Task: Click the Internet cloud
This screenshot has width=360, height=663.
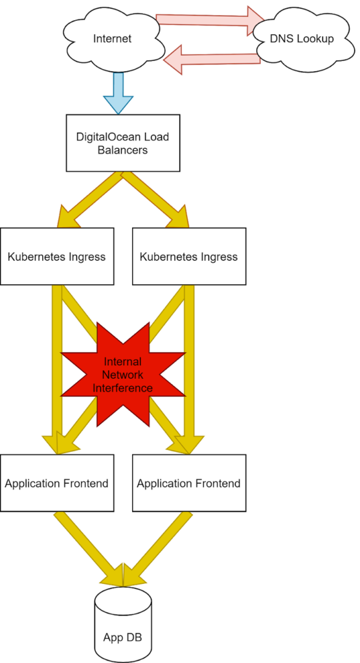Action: click(112, 39)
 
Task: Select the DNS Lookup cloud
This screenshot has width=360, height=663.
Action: click(302, 39)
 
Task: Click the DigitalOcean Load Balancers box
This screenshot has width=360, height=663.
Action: click(122, 143)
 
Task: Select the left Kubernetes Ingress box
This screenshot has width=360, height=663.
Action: click(57, 256)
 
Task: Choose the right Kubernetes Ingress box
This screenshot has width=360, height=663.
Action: click(188, 256)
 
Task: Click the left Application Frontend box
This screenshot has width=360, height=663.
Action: click(57, 483)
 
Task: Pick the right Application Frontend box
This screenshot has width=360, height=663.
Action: click(188, 483)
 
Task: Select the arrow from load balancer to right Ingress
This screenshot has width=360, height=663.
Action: click(154, 199)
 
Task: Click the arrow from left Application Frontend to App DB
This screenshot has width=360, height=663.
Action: click(89, 549)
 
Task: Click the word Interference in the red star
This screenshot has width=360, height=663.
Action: click(122, 388)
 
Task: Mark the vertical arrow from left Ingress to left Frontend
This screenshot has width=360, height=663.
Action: click(57, 370)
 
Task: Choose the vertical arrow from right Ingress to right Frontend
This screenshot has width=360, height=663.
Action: click(189, 370)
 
